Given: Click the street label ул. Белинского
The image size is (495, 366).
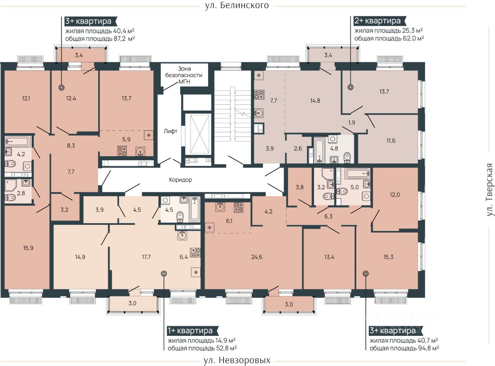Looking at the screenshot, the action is tap(237, 5).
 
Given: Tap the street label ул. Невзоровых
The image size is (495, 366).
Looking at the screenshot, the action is tap(237, 360).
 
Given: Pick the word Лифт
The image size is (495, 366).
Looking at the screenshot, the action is tap(171, 131).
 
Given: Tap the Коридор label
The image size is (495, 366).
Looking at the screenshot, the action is tap(180, 180).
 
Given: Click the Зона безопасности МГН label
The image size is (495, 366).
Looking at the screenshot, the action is tap(184, 75).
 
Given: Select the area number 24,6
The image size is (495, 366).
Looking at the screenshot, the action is tap(257, 257).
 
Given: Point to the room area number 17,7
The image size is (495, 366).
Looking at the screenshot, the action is tap(146, 257).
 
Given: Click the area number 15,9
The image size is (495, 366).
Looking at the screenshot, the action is tap(28, 248).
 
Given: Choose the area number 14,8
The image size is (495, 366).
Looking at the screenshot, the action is tap(315, 101).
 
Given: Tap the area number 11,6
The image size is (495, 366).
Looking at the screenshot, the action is tap(391, 141).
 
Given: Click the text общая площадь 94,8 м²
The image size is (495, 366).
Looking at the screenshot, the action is tap(405, 348).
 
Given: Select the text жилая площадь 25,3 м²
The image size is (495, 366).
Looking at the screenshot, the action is tap(389, 30).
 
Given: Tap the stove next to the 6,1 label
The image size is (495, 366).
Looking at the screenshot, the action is tap(238, 207).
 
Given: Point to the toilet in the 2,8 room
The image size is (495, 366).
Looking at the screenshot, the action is tap(10, 197).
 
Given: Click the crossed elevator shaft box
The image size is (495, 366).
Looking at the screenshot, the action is tap(198, 134).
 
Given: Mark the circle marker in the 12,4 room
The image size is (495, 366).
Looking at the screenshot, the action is tap(61, 87).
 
